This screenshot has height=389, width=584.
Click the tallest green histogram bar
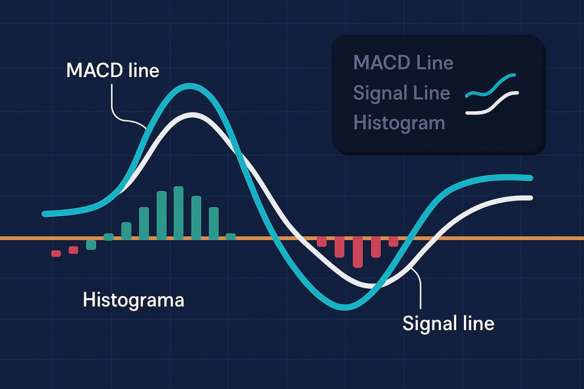(x=178, y=213)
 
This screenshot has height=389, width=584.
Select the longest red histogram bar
(x=358, y=252)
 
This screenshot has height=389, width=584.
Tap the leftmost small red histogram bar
(x=56, y=254)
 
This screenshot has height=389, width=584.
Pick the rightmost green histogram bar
(x=231, y=237)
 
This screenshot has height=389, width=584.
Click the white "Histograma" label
(x=134, y=301)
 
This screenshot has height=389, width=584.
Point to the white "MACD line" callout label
(x=113, y=70)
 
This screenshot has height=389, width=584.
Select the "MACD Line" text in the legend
(x=403, y=62)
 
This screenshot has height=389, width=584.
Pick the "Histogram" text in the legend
(x=399, y=123)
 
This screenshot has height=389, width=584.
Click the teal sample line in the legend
(x=490, y=86)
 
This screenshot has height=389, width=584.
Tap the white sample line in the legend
(x=492, y=103)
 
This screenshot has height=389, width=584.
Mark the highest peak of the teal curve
(x=190, y=86)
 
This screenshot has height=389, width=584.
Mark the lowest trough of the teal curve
(x=344, y=307)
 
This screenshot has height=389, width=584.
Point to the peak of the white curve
(x=192, y=115)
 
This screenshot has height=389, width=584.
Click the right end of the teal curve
(x=530, y=178)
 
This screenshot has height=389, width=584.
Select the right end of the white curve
(x=530, y=198)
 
